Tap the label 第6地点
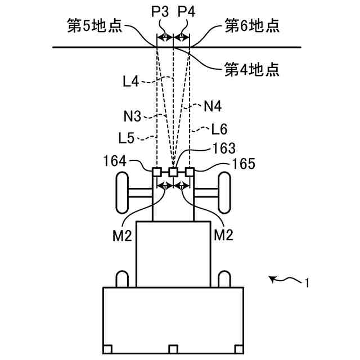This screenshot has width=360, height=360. coord(252,26)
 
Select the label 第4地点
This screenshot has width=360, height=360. coord(252,70)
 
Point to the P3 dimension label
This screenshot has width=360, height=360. coord(160,11)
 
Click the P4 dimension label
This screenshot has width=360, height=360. coord(186,11)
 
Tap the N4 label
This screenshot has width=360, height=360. coord(212,105)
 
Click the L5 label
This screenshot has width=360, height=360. coord(128,137)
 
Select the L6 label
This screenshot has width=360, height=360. coord(219,129)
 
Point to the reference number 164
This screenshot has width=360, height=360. coord(114,161)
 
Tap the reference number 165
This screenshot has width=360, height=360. coord(244,164)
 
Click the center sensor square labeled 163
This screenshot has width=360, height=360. coord(174,172)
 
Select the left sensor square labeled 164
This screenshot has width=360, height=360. coord(157,172)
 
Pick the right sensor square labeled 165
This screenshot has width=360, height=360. coord(190,172)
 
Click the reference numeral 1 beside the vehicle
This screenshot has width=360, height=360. coord(307,283)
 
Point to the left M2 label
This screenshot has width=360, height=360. coord(122,235)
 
